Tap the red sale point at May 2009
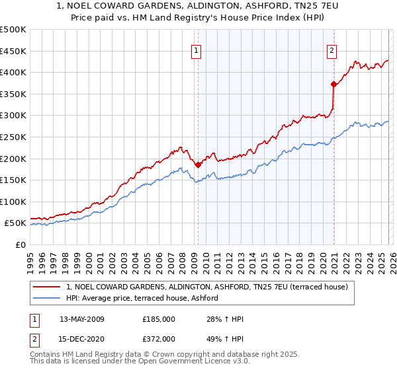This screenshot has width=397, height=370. coord(198,165)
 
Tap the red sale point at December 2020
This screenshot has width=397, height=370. coord(333,84)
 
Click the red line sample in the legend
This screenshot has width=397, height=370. coord(47,287)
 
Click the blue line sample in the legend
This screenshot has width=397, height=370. coord(47,299)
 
